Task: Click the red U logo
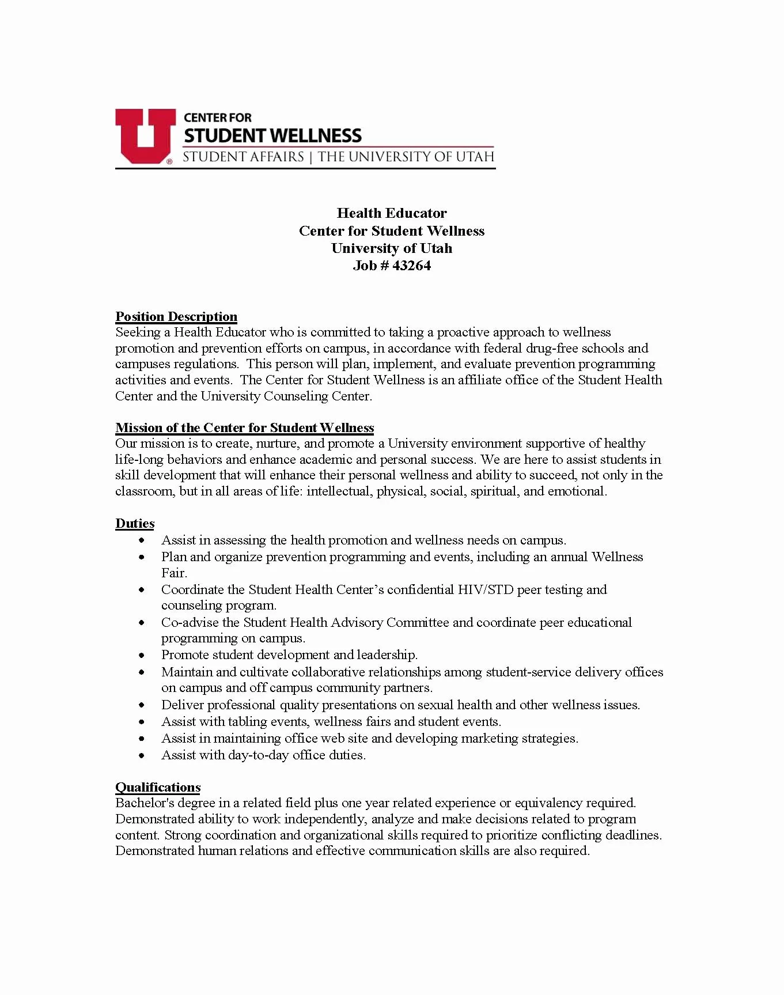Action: click(x=145, y=135)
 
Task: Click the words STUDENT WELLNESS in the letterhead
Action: click(x=272, y=136)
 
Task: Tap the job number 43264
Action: click(x=411, y=266)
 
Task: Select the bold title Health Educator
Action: click(x=392, y=213)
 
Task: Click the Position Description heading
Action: click(x=176, y=316)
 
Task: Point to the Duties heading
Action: click(x=135, y=523)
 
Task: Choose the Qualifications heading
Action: click(x=158, y=787)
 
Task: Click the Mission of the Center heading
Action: click(x=245, y=427)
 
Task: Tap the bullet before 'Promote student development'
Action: click(x=142, y=655)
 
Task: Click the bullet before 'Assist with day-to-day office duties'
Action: click(x=142, y=755)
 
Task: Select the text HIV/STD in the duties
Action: click(x=485, y=589)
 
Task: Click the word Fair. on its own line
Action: click(x=174, y=573)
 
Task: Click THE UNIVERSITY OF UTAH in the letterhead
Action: click(x=406, y=156)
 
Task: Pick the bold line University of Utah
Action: click(x=392, y=248)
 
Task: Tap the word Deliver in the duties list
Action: click(x=182, y=705)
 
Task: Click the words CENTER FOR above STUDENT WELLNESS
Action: click(x=218, y=118)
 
